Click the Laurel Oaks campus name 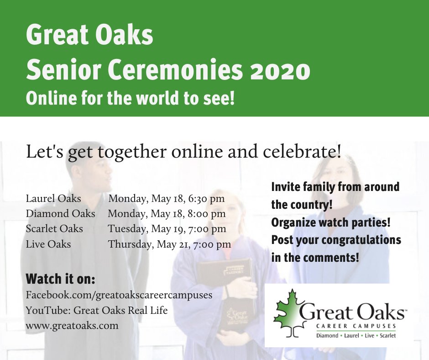(53, 199)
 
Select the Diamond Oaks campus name (60, 213)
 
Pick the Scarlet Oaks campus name (54, 228)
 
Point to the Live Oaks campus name (48, 244)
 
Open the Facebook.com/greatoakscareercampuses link (119, 295)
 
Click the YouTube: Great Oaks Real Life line (97, 311)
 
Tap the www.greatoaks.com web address (72, 326)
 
